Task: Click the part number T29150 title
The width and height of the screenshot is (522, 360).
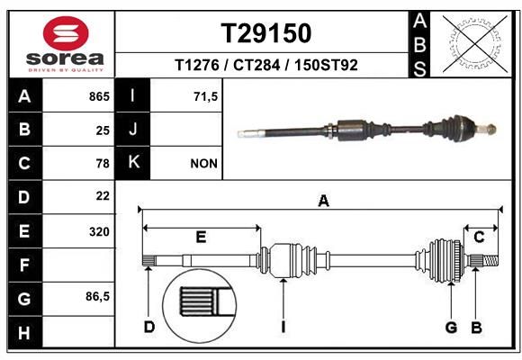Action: (x=266, y=33)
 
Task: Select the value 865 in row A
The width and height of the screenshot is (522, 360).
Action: (x=98, y=95)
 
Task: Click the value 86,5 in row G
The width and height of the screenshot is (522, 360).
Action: (x=96, y=296)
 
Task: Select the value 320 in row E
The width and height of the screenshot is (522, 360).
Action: (x=99, y=231)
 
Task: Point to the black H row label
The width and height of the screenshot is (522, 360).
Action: (x=24, y=331)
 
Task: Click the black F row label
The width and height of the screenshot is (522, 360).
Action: (x=24, y=265)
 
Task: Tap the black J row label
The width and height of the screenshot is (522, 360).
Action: (x=133, y=130)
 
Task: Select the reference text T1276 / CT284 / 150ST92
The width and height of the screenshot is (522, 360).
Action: (x=266, y=65)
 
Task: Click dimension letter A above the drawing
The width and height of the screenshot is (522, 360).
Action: (x=323, y=202)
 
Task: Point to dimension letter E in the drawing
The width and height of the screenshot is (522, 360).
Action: (x=201, y=237)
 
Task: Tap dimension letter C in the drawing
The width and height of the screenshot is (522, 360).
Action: (x=480, y=237)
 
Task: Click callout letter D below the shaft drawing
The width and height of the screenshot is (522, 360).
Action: (x=149, y=327)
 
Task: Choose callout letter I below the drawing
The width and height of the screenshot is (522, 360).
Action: (x=283, y=327)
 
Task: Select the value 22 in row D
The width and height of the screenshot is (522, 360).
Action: (x=102, y=195)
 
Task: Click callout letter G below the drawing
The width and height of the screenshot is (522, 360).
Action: (x=451, y=327)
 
